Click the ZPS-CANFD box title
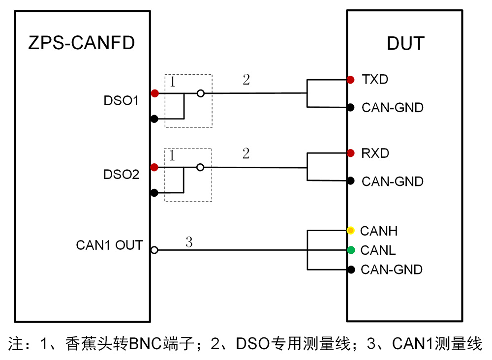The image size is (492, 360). tap(82, 43)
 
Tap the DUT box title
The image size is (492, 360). tap(405, 43)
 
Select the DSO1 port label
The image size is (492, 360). tap(121, 101)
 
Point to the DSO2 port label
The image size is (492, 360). tap(121, 175)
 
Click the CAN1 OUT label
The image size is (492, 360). tap(109, 245)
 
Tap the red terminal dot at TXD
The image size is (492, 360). tap(350, 80)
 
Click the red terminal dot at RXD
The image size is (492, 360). tap(350, 153)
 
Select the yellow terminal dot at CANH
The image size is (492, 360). tap(350, 230)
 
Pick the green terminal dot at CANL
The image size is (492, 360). tap(350, 250)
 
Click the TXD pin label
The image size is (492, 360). tap(375, 79)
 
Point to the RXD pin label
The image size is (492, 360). tap(375, 153)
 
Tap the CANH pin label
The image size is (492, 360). tap(379, 231)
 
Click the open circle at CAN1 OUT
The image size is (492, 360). tap(154, 250)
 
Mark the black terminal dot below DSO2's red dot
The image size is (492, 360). tap(154, 193)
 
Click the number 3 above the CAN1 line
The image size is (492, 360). tap(189, 242)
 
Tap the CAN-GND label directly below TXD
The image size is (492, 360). tap(392, 108)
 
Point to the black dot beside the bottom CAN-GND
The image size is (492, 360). tap(350, 270)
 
